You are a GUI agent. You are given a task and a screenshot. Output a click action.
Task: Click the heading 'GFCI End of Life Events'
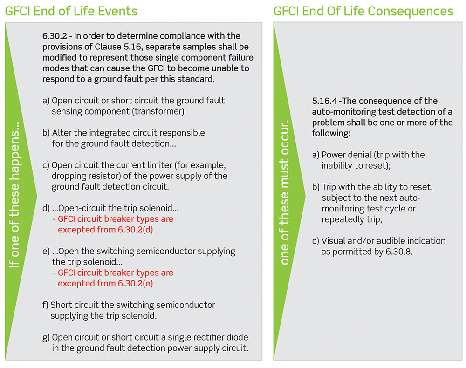click(x=71, y=11)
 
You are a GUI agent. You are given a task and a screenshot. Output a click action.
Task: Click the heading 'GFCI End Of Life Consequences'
click(x=363, y=11)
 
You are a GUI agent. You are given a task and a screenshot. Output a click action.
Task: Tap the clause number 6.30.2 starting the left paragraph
click(x=55, y=36)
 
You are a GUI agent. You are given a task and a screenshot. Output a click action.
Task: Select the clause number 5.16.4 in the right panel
click(x=324, y=101)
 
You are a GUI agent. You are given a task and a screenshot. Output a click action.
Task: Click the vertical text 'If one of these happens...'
click(x=14, y=195)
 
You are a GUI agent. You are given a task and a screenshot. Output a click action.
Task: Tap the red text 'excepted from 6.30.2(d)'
click(x=105, y=230)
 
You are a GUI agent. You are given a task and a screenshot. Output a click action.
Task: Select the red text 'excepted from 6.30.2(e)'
click(x=105, y=284)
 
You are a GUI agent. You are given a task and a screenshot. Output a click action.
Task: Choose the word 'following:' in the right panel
click(x=331, y=133)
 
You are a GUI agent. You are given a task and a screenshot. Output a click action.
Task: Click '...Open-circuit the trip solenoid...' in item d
click(x=115, y=209)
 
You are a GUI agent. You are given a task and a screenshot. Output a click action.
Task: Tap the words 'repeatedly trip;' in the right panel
click(x=352, y=219)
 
